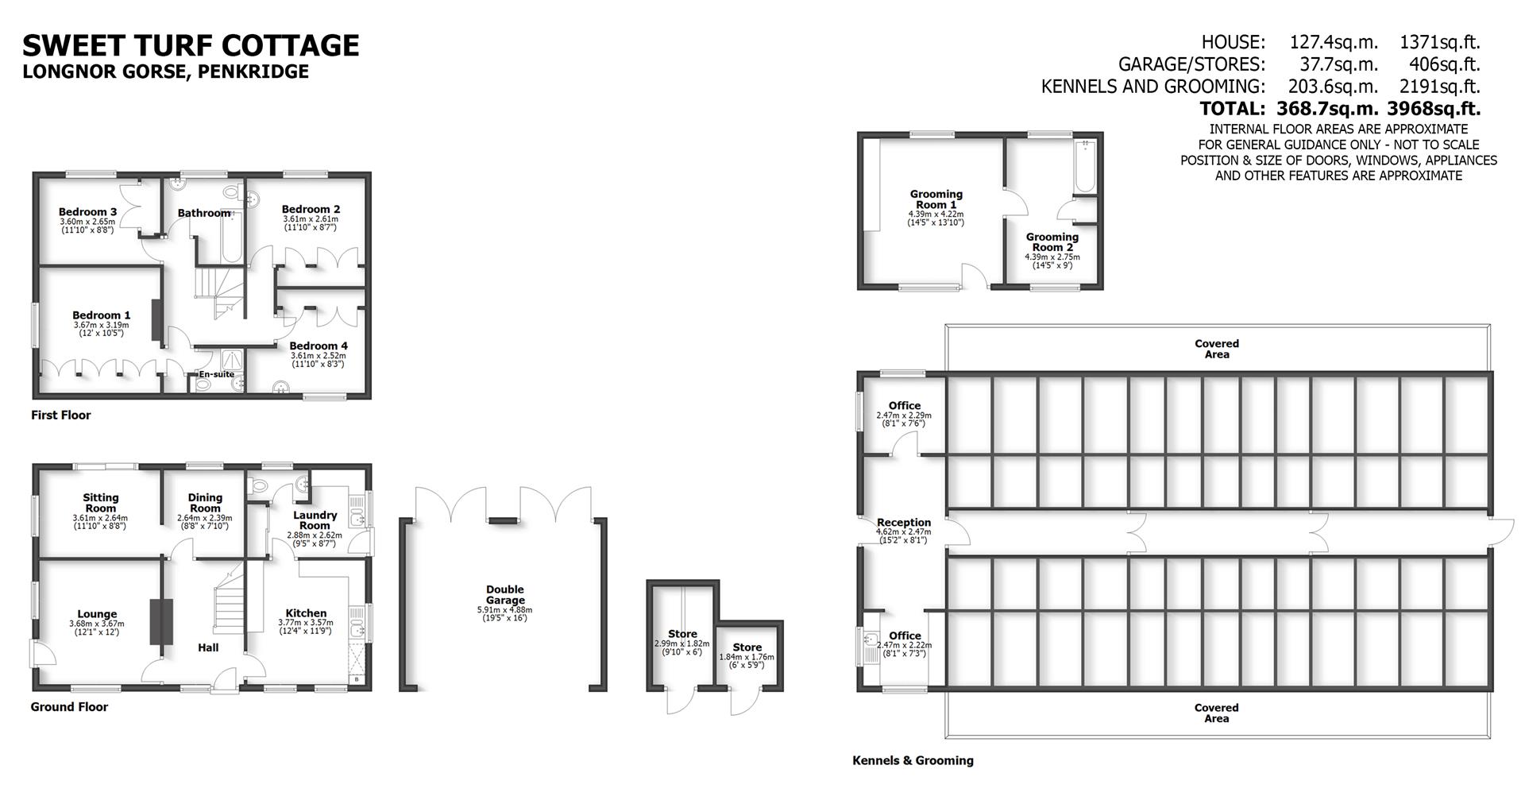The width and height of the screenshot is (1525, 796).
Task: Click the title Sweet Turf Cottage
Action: pyautogui.click(x=191, y=45)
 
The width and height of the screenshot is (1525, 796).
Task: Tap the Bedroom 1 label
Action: pyautogui.click(x=101, y=315)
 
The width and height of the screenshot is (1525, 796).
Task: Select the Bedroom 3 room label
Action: pyautogui.click(x=87, y=212)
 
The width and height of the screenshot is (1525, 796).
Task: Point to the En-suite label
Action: pyautogui.click(x=216, y=374)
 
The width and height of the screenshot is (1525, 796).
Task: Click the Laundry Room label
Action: pyautogui.click(x=315, y=520)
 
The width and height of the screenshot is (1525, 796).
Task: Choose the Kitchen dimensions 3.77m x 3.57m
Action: pyautogui.click(x=306, y=623)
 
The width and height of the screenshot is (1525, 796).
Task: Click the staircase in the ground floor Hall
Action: pyautogui.click(x=229, y=604)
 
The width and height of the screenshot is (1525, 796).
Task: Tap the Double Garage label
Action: pyautogui.click(x=505, y=594)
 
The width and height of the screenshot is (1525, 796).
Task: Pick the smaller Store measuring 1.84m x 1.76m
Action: pyautogui.click(x=747, y=652)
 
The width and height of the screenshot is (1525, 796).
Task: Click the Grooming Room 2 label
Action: pyautogui.click(x=1052, y=242)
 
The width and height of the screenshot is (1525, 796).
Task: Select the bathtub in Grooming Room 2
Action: pyautogui.click(x=1084, y=167)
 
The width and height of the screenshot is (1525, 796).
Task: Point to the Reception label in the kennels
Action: pyautogui.click(x=903, y=523)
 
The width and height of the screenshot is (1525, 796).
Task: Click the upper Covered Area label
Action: pyautogui.click(x=1216, y=349)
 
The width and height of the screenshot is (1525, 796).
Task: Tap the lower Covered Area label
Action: pyautogui.click(x=1216, y=713)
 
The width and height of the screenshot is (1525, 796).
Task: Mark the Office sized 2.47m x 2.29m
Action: pyautogui.click(x=904, y=410)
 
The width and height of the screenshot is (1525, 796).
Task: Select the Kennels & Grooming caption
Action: pyautogui.click(x=913, y=760)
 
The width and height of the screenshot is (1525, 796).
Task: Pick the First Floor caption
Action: pyautogui.click(x=61, y=415)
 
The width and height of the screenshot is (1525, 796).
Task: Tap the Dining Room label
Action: pyautogui.click(x=205, y=503)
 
